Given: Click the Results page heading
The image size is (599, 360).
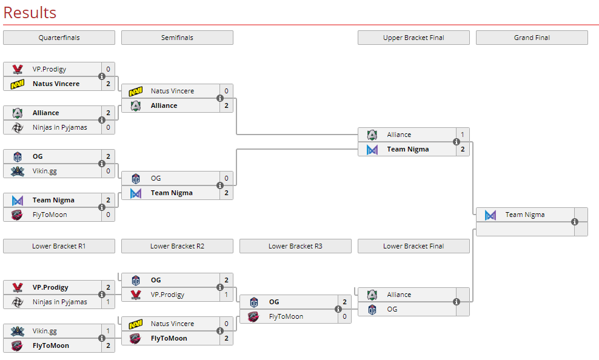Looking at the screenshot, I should click(x=30, y=13).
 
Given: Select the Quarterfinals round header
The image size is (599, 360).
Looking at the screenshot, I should click(x=59, y=38).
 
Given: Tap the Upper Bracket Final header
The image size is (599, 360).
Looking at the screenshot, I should click(x=413, y=38).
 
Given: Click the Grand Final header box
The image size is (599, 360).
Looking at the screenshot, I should click(x=532, y=38).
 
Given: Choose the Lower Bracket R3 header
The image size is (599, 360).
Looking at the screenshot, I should click(x=295, y=246).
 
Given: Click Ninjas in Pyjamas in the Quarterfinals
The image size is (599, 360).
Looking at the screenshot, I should click(x=59, y=127).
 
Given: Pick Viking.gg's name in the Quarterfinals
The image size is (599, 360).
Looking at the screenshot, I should click(x=45, y=171).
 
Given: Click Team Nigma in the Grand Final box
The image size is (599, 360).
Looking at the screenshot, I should click(x=525, y=215).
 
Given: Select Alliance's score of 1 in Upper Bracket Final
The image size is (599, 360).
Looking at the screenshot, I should click(x=462, y=135).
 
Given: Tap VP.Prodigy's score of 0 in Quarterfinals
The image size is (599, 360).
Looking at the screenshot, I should click(x=108, y=69).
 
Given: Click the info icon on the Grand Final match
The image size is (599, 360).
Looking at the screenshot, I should click(x=575, y=222).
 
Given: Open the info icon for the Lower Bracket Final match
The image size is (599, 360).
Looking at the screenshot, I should click(x=457, y=302).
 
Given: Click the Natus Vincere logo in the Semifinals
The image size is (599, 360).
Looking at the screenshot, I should click(x=136, y=91).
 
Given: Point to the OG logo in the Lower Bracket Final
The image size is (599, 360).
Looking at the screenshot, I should click(x=372, y=309).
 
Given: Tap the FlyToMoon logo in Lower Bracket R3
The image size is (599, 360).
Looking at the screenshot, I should click(x=254, y=316).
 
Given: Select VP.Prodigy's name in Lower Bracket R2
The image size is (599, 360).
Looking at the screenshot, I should click(x=168, y=295).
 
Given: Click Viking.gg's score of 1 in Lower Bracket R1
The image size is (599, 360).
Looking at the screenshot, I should click(x=108, y=331).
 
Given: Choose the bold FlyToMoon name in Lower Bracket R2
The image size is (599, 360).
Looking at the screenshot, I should click(x=169, y=338).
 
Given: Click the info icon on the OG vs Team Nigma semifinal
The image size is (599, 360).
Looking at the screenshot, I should click(x=220, y=185).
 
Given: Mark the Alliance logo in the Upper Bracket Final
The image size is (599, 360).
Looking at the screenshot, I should click(x=372, y=135).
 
